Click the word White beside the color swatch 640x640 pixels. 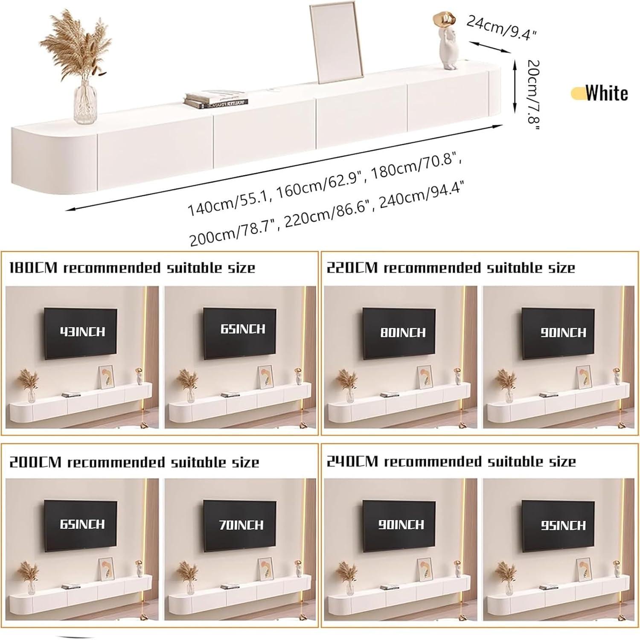[x=607, y=93]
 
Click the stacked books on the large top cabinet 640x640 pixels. [x=215, y=99]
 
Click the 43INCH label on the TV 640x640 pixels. [x=82, y=332]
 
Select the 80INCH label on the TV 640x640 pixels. [x=402, y=332]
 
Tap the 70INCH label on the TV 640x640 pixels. [x=241, y=524]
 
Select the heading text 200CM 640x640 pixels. [x=35, y=462]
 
